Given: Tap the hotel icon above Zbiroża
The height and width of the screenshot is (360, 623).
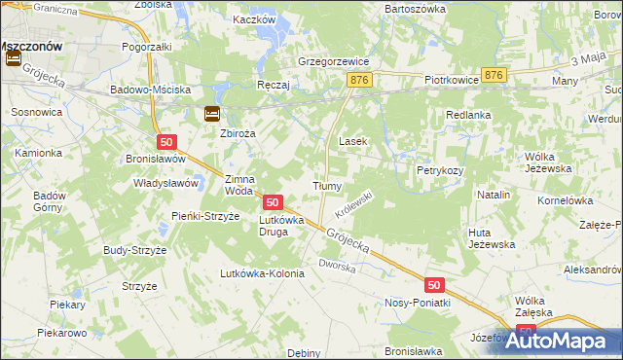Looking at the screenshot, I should pos(211,114).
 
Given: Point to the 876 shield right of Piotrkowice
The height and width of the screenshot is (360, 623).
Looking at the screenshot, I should pos(496,75).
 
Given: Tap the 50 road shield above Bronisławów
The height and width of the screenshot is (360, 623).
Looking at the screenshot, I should pos(165,142).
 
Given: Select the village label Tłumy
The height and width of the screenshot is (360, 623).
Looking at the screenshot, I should pos(325,186).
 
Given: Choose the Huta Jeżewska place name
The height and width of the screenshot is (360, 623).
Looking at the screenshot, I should pos(491,238).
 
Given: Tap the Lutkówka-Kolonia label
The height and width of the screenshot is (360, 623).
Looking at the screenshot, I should pos(263,273).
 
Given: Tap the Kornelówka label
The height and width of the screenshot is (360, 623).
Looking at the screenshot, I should pos(565,200).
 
